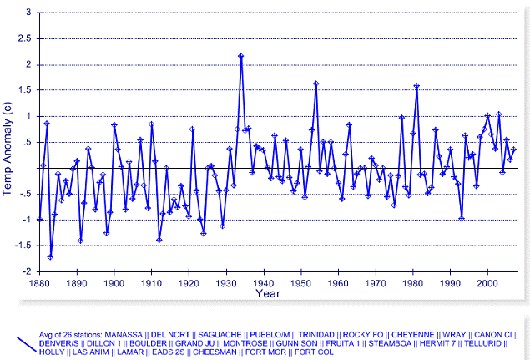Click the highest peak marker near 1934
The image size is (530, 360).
click(240, 56)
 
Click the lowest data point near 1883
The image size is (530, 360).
click(50, 256)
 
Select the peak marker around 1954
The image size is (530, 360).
click(315, 84)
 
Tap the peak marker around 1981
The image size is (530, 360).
click(416, 85)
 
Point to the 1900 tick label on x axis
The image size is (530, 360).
click(114, 283)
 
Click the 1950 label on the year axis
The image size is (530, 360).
click(300, 283)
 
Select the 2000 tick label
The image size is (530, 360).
click(487, 283)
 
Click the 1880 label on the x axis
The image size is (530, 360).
click(39, 283)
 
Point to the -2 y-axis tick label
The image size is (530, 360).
click(27, 271)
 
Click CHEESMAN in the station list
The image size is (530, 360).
click(215, 352)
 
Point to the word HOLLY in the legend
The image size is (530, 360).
click(53, 352)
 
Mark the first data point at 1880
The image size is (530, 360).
click(39, 219)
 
